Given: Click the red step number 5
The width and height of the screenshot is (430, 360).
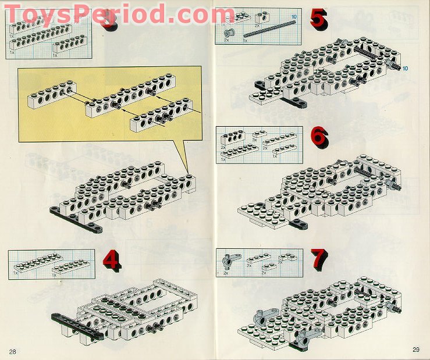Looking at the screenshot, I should click(x=318, y=19).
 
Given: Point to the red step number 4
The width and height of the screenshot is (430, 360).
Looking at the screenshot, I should click(x=111, y=261).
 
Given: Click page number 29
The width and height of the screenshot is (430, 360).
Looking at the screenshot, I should click(x=415, y=350).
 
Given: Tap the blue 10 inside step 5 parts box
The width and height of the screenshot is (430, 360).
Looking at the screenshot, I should click(x=294, y=17).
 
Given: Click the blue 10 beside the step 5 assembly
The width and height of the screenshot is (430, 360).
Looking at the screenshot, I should click(x=405, y=69).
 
